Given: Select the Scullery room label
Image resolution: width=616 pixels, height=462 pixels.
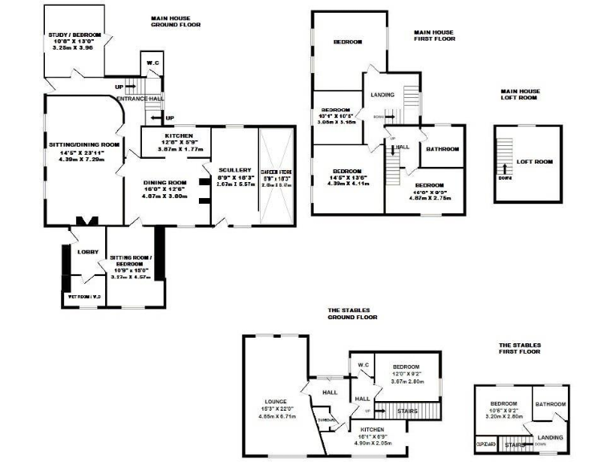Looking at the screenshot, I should tap(235, 170).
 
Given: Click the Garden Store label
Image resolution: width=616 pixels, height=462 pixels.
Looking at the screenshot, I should tap(276, 170).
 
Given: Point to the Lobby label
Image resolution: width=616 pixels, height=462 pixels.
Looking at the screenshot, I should tap(87, 252).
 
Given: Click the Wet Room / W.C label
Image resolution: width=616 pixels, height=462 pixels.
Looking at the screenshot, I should tap(83, 297).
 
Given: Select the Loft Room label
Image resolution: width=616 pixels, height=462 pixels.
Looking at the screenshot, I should tap(535, 162).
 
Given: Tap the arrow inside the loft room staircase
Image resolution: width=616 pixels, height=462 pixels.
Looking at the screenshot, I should tap(505, 168).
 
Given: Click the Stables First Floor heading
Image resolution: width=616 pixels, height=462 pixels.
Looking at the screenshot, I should tap(518, 347).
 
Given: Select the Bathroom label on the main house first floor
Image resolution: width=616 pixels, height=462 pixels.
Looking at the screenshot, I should tap(442, 149).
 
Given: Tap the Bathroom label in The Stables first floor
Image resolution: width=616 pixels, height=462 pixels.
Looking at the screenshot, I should tap(551, 404).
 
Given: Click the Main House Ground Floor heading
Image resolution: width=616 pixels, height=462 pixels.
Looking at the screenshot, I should tap(182, 21).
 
